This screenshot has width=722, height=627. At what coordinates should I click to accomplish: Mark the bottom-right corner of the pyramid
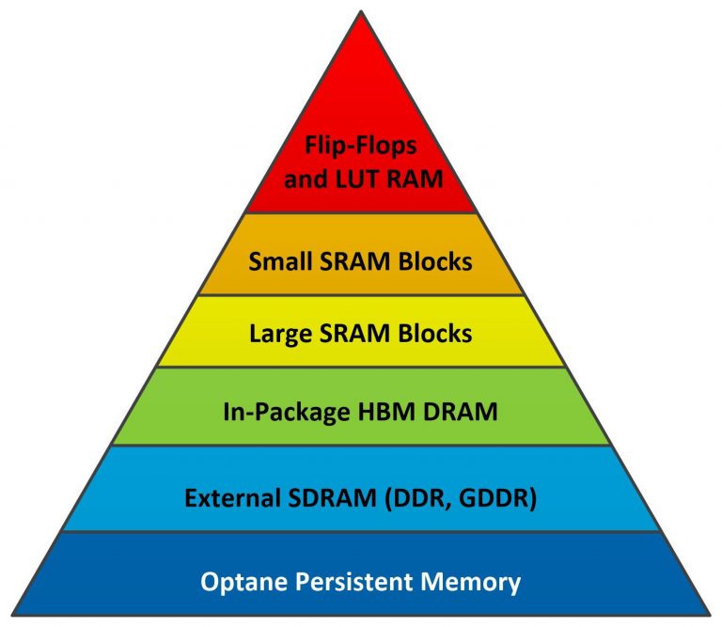pyautogui.click(x=710, y=616)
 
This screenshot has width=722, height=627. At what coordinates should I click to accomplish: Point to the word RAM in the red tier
pyautogui.click(x=416, y=179)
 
